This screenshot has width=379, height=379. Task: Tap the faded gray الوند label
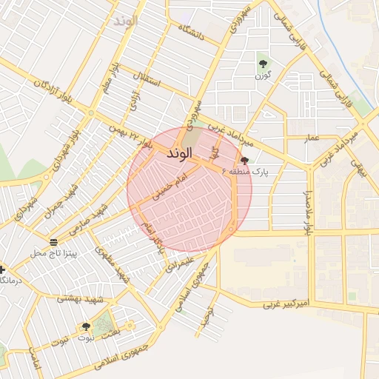(127, 20)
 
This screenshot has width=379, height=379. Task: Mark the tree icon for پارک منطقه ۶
(244, 159)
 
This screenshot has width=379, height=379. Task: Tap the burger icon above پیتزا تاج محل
(53, 242)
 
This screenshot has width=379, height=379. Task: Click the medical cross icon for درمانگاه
(4, 270)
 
